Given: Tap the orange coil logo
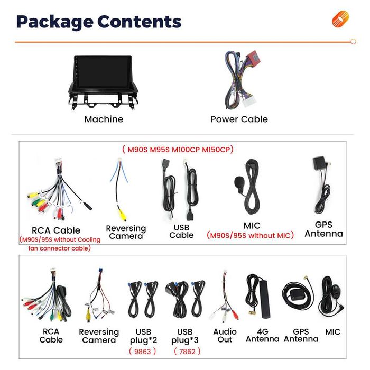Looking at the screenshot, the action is (x=340, y=19).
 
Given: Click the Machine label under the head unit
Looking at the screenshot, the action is (x=104, y=119).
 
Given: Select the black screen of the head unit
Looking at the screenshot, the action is (x=103, y=72).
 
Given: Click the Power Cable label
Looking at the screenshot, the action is (x=239, y=119).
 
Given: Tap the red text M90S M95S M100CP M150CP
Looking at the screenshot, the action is (x=178, y=150).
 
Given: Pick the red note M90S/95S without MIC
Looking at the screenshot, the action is (x=250, y=236).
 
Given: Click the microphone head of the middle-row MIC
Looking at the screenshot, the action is (x=239, y=182).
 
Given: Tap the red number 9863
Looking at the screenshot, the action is (x=142, y=351).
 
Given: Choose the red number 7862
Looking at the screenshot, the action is (x=187, y=351).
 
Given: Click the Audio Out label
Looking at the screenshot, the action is (x=225, y=336).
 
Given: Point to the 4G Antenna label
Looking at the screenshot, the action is (x=263, y=335).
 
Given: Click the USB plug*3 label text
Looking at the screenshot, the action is (x=185, y=336).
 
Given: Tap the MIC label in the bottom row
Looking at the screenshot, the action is (x=332, y=332).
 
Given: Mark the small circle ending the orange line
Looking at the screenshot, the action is (x=353, y=42).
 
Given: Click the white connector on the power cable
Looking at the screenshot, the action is (x=249, y=101).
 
